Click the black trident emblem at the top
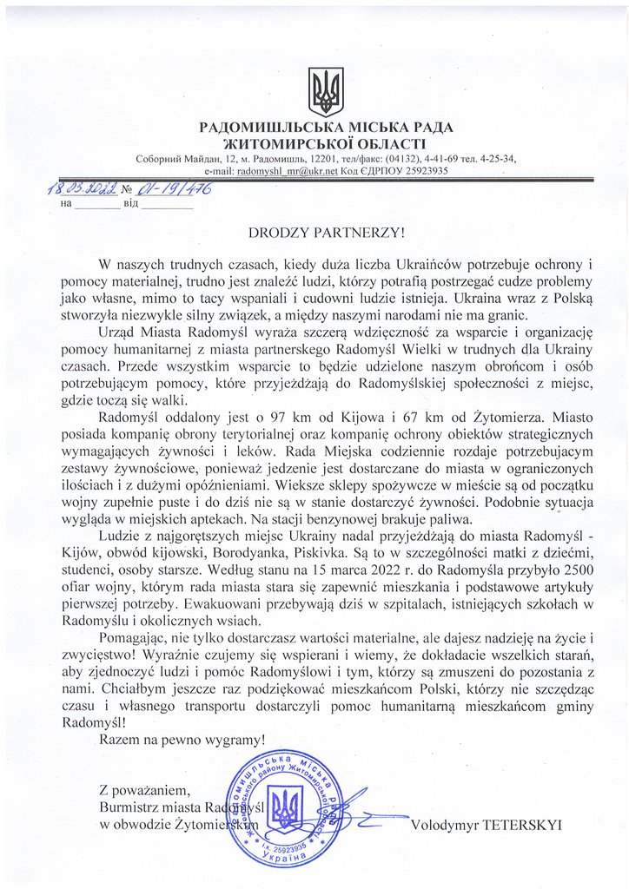tap(327, 91)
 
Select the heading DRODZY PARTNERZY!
tap(327, 232)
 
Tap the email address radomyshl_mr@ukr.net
tap(287, 172)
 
